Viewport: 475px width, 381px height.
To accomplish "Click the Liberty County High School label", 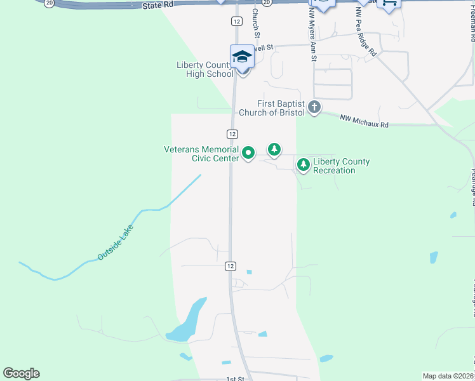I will pyautogui.click(x=204, y=69).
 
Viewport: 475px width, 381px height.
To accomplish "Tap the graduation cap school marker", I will pyautogui.click(x=242, y=57).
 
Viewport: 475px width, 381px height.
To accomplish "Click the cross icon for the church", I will pyautogui.click(x=314, y=107).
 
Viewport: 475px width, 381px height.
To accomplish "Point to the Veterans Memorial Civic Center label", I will pyautogui.click(x=201, y=154).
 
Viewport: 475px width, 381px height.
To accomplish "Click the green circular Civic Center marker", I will pyautogui.click(x=248, y=153).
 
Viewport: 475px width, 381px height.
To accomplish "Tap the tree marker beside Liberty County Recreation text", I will pyautogui.click(x=304, y=165).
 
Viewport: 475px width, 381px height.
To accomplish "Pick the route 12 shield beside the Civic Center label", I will pyautogui.click(x=232, y=134).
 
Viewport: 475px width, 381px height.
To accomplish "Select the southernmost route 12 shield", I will pyautogui.click(x=230, y=267).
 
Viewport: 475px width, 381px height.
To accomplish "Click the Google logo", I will pyautogui.click(x=21, y=373).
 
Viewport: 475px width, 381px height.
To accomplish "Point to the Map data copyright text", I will pyautogui.click(x=448, y=376).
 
